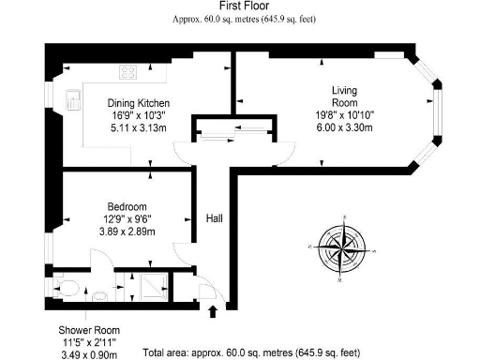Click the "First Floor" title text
click(239, 7)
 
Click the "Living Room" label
click(343, 97)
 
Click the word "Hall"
click(215, 218)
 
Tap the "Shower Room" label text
click(89, 330)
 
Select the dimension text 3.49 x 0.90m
click(89, 354)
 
